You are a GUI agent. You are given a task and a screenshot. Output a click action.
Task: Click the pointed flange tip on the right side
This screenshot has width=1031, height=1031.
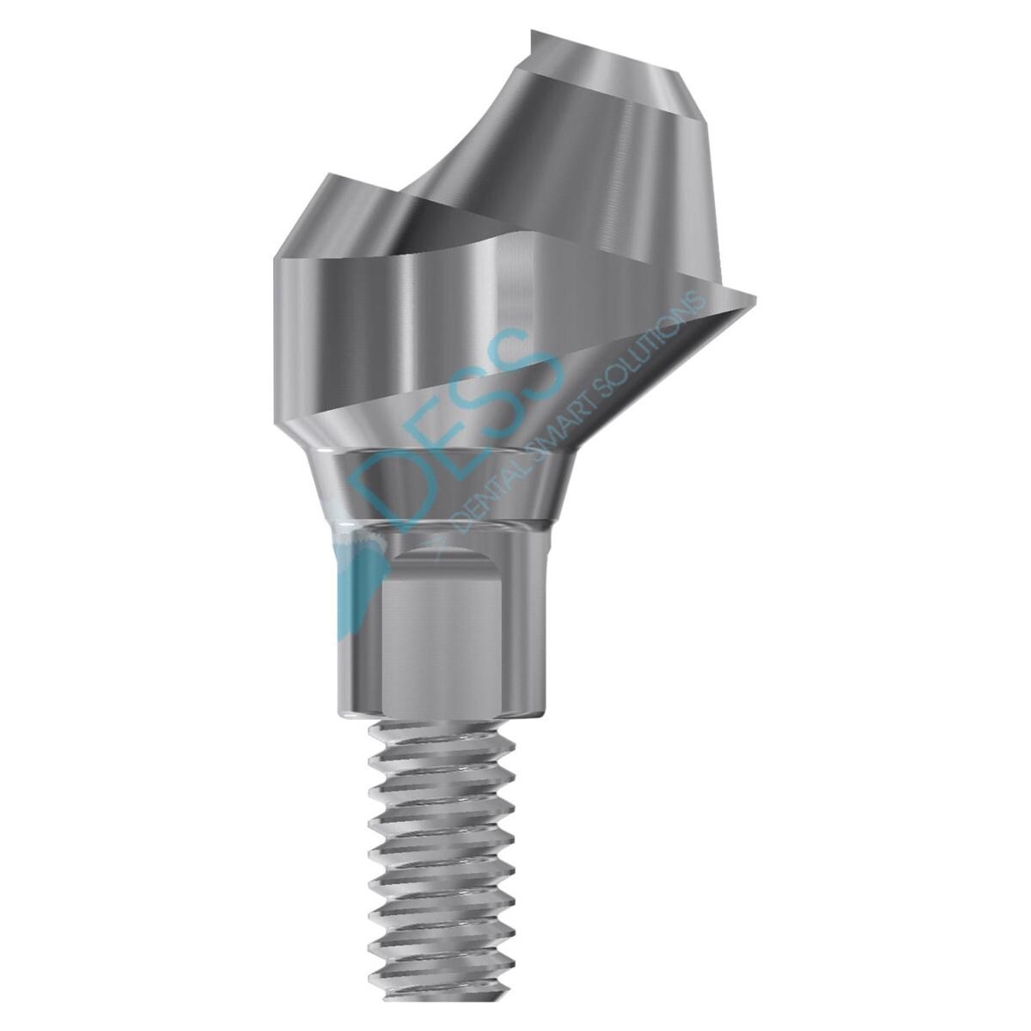[x=751, y=297]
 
